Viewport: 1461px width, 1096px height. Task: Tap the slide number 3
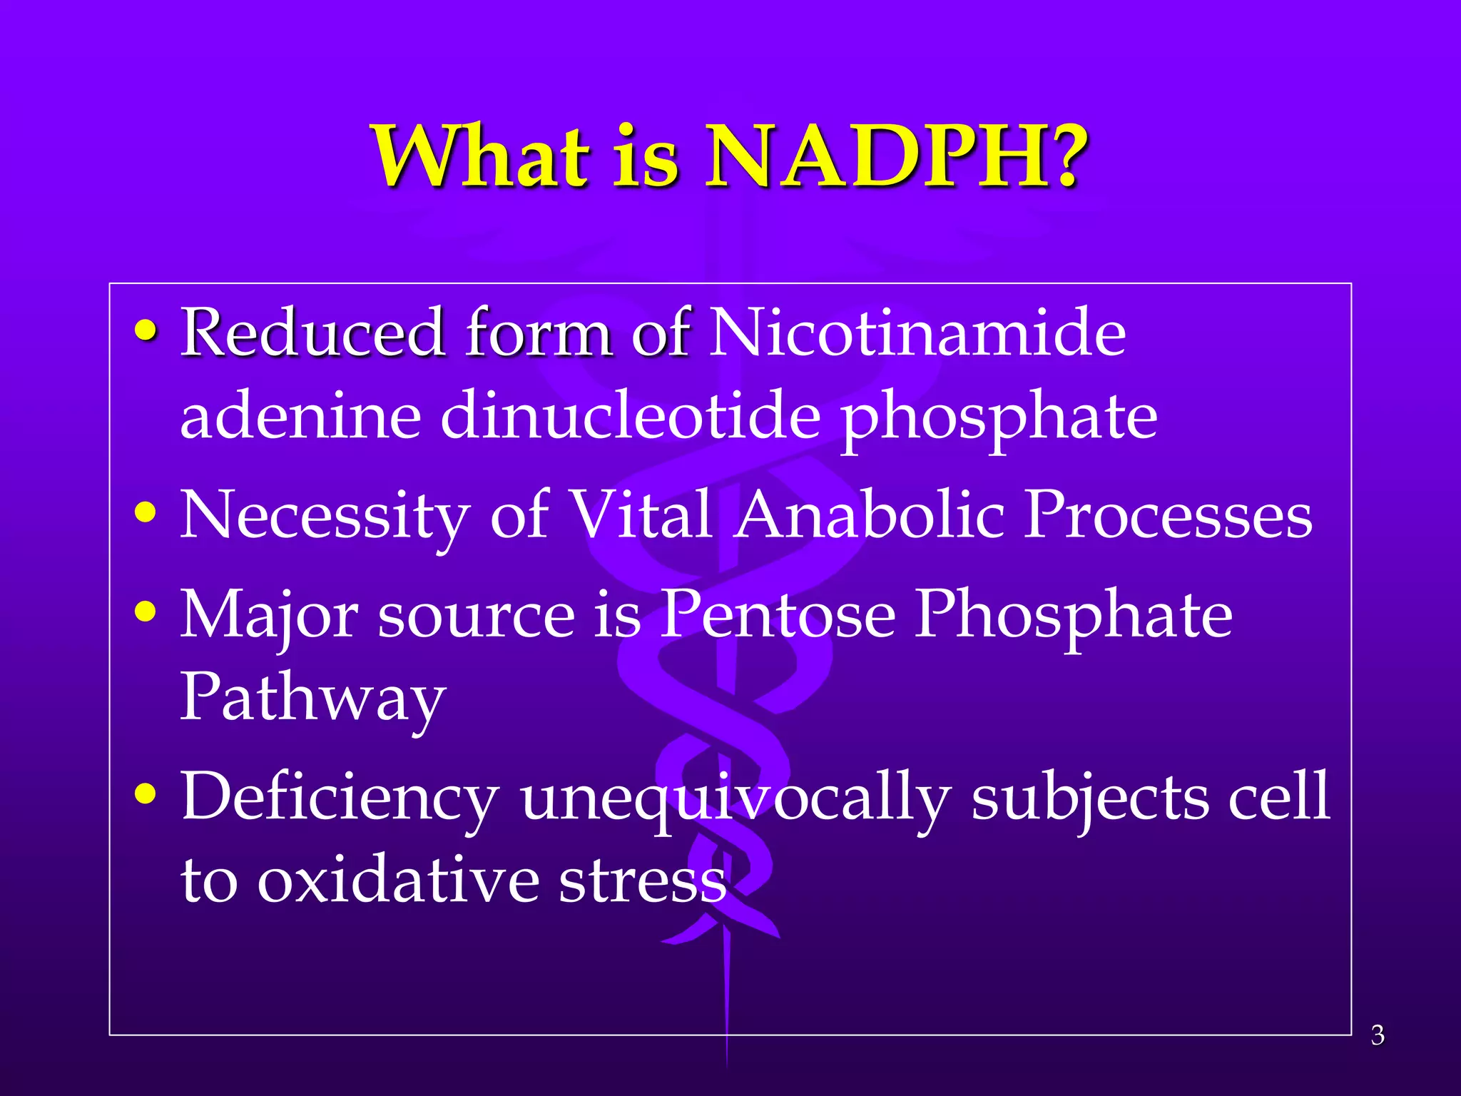[x=1378, y=1035]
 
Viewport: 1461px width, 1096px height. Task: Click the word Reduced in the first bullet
[x=312, y=333]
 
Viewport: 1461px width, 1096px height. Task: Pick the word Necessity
[x=325, y=515]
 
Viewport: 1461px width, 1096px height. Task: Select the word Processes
[x=1168, y=515]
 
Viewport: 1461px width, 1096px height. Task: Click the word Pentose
[x=777, y=614]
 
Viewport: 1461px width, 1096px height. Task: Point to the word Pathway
[x=312, y=698]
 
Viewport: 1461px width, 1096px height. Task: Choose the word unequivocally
[x=735, y=797]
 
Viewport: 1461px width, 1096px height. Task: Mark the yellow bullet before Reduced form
[x=146, y=330]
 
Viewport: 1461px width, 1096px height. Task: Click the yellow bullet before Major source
[x=146, y=612]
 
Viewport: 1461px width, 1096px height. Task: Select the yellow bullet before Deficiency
[x=146, y=793]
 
